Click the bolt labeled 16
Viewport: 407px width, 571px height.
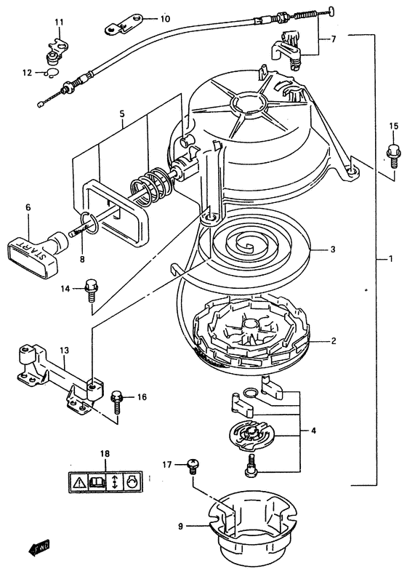pyautogui.click(x=117, y=402)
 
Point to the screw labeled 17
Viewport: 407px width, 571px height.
pyautogui.click(x=192, y=466)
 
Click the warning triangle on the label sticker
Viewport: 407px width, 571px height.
pyautogui.click(x=78, y=483)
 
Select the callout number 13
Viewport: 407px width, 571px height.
pyautogui.click(x=64, y=351)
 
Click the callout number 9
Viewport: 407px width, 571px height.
pyautogui.click(x=180, y=526)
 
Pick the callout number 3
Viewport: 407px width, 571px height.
pyautogui.click(x=331, y=249)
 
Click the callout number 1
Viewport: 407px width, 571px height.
pyautogui.click(x=390, y=259)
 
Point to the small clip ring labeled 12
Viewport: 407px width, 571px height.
pyautogui.click(x=51, y=73)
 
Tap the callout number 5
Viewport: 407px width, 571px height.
pyautogui.click(x=121, y=113)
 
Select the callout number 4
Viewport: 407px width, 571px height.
pyautogui.click(x=313, y=431)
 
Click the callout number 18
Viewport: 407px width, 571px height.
pyautogui.click(x=105, y=454)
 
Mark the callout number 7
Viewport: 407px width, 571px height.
pyautogui.click(x=334, y=39)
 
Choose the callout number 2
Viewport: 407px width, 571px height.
pyautogui.click(x=334, y=341)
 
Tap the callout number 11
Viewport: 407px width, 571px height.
pyautogui.click(x=59, y=23)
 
